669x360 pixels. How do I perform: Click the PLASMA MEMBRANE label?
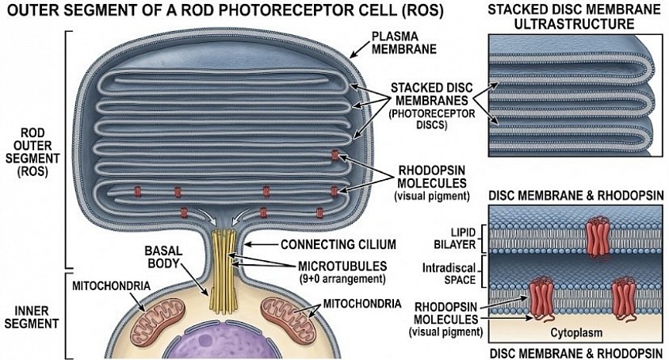(x=403, y=43)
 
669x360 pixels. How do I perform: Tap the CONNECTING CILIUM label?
(x=338, y=245)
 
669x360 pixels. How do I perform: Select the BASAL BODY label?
(x=163, y=257)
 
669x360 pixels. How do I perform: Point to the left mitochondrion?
(x=158, y=320)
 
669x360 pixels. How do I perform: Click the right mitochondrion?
(x=289, y=320)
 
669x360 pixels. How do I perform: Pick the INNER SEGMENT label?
(x=32, y=317)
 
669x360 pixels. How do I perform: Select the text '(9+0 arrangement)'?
(x=342, y=279)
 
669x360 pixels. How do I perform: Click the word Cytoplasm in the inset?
(x=576, y=333)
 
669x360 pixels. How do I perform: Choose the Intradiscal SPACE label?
(x=449, y=274)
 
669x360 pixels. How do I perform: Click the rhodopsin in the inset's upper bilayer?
(x=598, y=239)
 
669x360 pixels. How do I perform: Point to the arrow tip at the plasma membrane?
(x=350, y=57)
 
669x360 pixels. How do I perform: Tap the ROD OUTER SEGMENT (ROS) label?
(x=32, y=151)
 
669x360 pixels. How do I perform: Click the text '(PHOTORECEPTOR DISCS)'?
(x=431, y=120)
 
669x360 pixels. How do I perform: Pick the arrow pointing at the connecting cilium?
(x=261, y=245)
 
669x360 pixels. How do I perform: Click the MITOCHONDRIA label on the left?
(x=111, y=285)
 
